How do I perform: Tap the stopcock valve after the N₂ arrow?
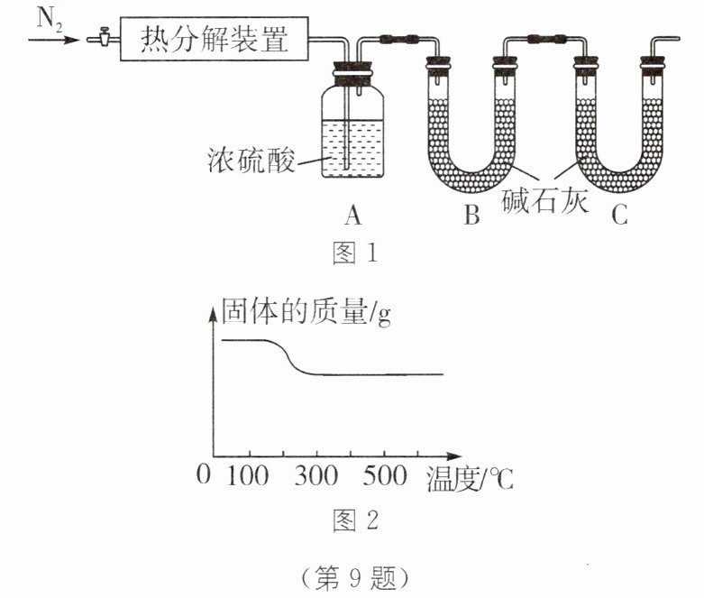coord(101,39)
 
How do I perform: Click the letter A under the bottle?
coord(352,216)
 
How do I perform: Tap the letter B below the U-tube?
coord(471,216)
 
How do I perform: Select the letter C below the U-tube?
coord(618,216)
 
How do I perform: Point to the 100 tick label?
coord(246,475)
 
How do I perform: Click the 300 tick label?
coord(315,475)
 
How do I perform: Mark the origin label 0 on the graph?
coord(203,475)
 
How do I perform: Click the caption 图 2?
coord(354,521)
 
